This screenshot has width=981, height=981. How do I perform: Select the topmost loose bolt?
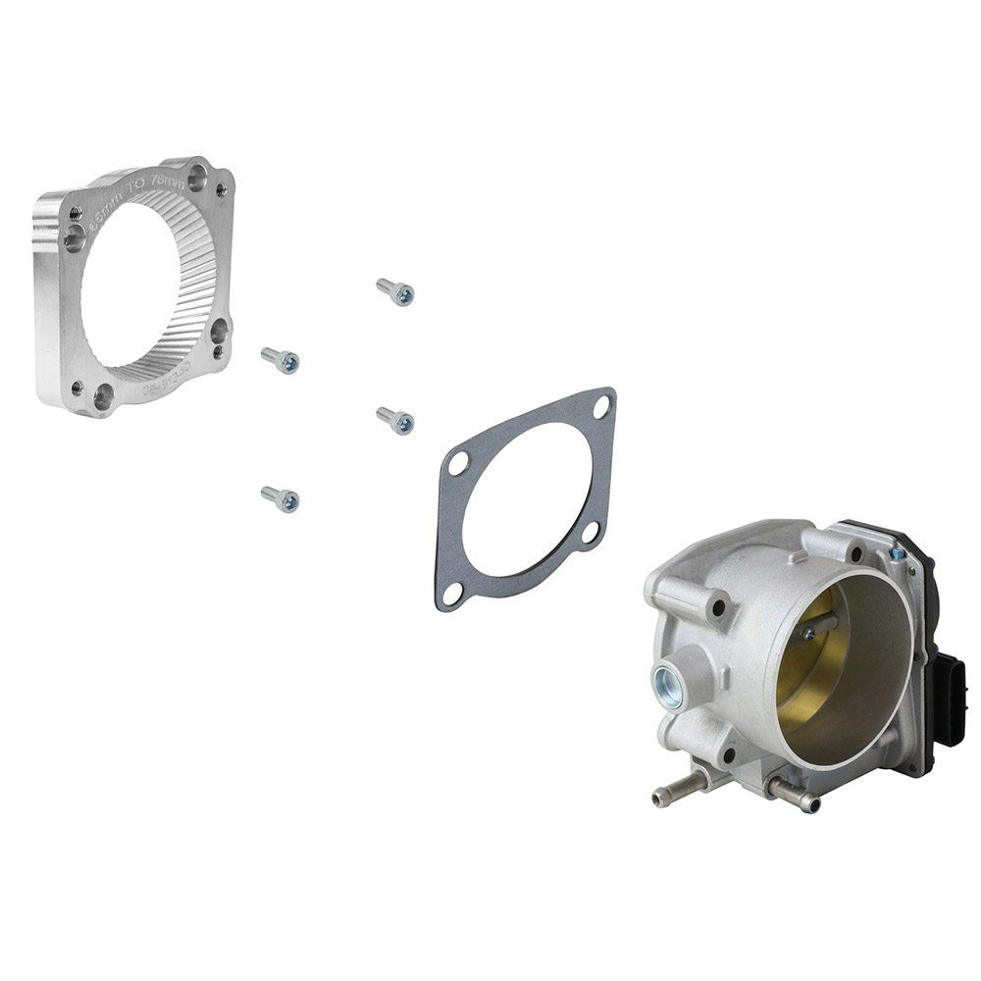[395, 291]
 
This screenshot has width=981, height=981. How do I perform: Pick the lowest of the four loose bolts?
[281, 499]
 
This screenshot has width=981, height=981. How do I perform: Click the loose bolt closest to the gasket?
[395, 421]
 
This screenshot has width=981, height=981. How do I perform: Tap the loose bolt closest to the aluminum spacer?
[281, 360]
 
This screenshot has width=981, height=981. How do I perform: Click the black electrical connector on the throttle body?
[950, 694]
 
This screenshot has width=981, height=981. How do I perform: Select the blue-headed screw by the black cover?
[897, 555]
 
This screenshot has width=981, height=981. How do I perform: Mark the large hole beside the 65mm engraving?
[75, 234]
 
